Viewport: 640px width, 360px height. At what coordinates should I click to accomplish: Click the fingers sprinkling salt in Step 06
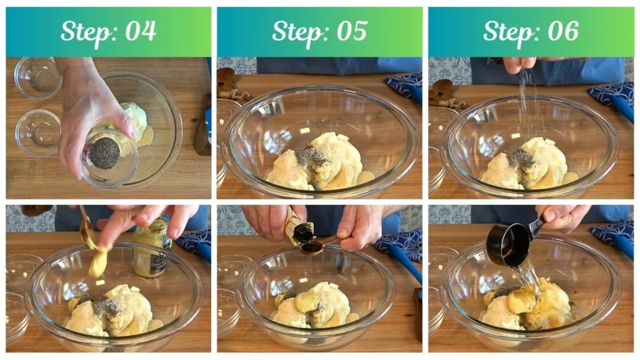520,64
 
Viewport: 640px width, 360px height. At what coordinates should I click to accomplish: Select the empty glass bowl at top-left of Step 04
38,78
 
